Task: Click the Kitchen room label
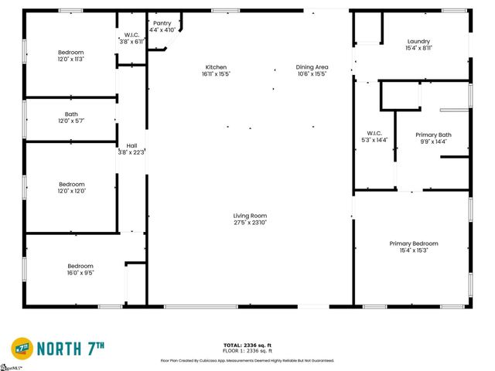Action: point(216,67)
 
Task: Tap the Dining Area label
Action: point(312,67)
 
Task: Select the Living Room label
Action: point(251,216)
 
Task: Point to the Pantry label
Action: point(162,23)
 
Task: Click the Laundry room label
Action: point(418,42)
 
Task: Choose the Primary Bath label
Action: point(433,135)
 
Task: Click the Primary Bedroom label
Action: point(413,243)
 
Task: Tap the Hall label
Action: point(131,145)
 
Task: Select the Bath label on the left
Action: point(71,114)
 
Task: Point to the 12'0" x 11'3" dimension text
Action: point(70,59)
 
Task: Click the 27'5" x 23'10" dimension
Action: point(251,223)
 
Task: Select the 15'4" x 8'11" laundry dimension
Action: point(418,49)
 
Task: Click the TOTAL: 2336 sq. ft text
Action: point(247,345)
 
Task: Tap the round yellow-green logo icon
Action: point(21,348)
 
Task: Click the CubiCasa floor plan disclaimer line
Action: point(247,360)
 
